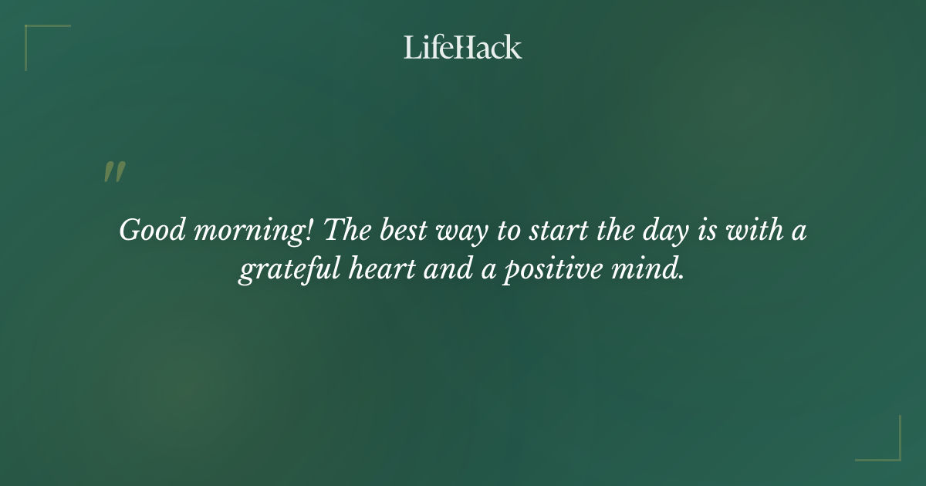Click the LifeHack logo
[x=463, y=47]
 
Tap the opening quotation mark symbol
[x=114, y=173]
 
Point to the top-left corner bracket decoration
[x=39, y=39]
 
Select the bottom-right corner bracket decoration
[x=887, y=447]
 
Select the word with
[x=759, y=231]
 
